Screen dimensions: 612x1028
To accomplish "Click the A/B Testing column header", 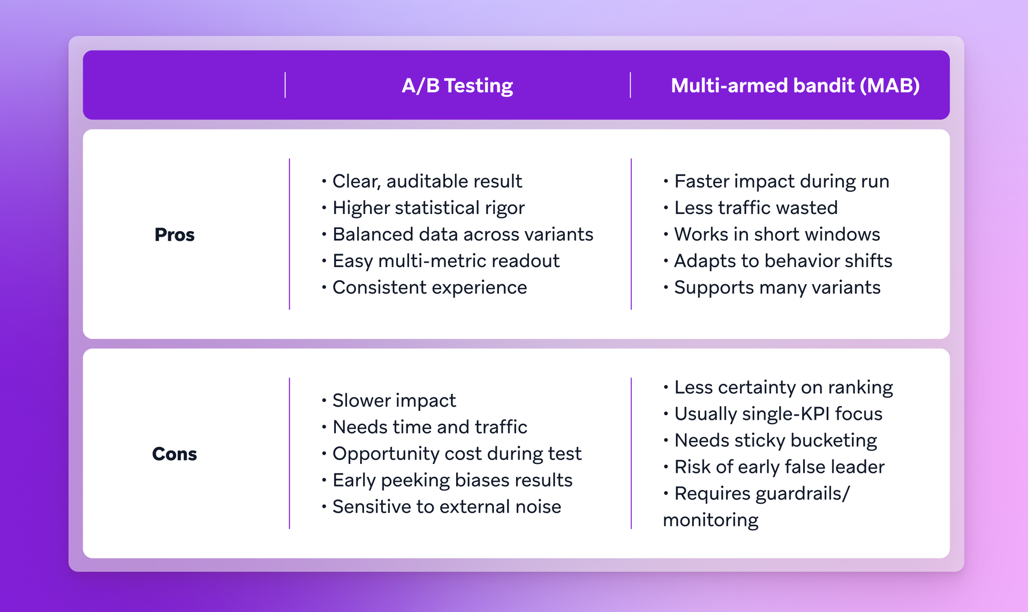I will pos(457,86).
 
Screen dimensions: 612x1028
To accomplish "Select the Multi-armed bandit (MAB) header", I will pos(795,86).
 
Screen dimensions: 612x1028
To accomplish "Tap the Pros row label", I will pos(174,234).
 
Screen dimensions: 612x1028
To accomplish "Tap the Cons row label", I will pos(174,454).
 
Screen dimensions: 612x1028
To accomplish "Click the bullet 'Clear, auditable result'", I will pos(427,181).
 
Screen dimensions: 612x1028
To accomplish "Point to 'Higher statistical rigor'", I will pos(428,208).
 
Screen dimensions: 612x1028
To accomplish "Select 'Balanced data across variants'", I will pos(463,234).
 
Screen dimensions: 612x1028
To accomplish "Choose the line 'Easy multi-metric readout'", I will pos(445,261).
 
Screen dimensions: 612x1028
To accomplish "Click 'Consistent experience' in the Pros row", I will pos(429,288).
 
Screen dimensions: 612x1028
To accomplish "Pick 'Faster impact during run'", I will pos(781,181).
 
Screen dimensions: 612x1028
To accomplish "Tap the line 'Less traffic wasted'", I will pos(755,208).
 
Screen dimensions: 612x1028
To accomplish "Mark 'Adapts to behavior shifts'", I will pos(783,261).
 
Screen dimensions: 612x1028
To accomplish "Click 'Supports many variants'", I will pos(777,288).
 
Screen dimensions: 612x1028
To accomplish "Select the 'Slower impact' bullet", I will pos(394,400).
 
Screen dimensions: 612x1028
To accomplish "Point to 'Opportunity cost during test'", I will pos(456,454).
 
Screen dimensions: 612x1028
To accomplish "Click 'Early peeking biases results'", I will pos(452,480).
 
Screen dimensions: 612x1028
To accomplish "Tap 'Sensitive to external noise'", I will pos(447,507).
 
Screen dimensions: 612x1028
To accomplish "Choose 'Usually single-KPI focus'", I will pos(778,414).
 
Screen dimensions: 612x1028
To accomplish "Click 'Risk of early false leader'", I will pos(779,467).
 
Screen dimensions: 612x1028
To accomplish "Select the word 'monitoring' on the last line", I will pos(710,520).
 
